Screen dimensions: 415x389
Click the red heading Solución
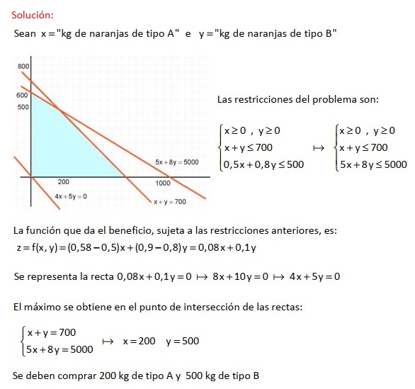tap(31, 14)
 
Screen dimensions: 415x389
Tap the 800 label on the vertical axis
tap(23, 67)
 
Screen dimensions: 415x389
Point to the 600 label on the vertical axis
tap(22, 94)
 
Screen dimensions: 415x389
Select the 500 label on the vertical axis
tap(23, 106)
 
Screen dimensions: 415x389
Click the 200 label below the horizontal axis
tap(63, 183)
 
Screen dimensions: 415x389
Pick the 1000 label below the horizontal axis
tap(163, 183)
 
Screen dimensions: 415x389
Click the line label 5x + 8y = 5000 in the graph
tap(176, 162)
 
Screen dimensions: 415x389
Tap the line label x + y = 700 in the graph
tap(169, 202)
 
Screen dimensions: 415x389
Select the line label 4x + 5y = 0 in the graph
tap(71, 196)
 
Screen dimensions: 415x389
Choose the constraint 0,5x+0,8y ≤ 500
tap(263, 164)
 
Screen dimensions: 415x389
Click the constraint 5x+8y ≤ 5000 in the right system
tap(373, 164)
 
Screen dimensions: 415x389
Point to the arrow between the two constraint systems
tap(318, 148)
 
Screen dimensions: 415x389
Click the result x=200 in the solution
tap(139, 341)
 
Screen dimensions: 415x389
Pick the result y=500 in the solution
tap(183, 341)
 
